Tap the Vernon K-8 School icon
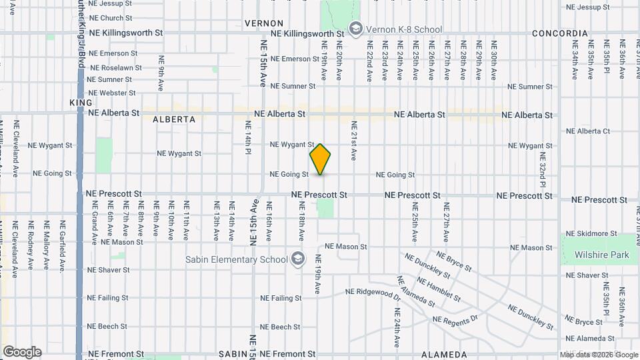[x=356, y=29]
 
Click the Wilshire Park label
[x=596, y=255]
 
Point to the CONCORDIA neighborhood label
[x=559, y=33]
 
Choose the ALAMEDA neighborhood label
[x=445, y=355]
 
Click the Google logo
[x=22, y=352]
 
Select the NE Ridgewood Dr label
[x=373, y=292]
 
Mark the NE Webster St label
[x=112, y=93]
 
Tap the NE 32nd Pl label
[x=542, y=172]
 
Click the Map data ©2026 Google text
[x=598, y=355]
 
